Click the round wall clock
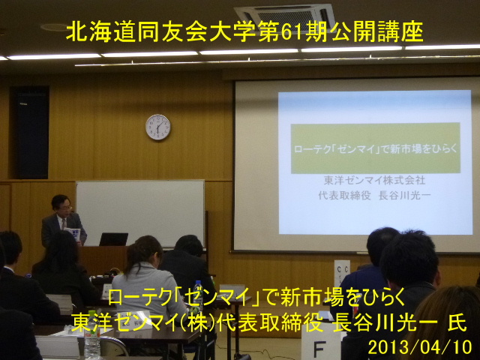click(x=158, y=127)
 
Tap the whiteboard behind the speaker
click(x=140, y=212)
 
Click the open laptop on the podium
click(x=113, y=239)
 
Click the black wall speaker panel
click(x=30, y=133)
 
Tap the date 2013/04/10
click(x=420, y=347)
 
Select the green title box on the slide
click(x=376, y=148)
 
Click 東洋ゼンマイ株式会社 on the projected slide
click(x=375, y=180)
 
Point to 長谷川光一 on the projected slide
click(x=405, y=195)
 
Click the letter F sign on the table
click(x=319, y=347)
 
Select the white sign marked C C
click(x=342, y=273)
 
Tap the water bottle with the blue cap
click(x=198, y=295)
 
